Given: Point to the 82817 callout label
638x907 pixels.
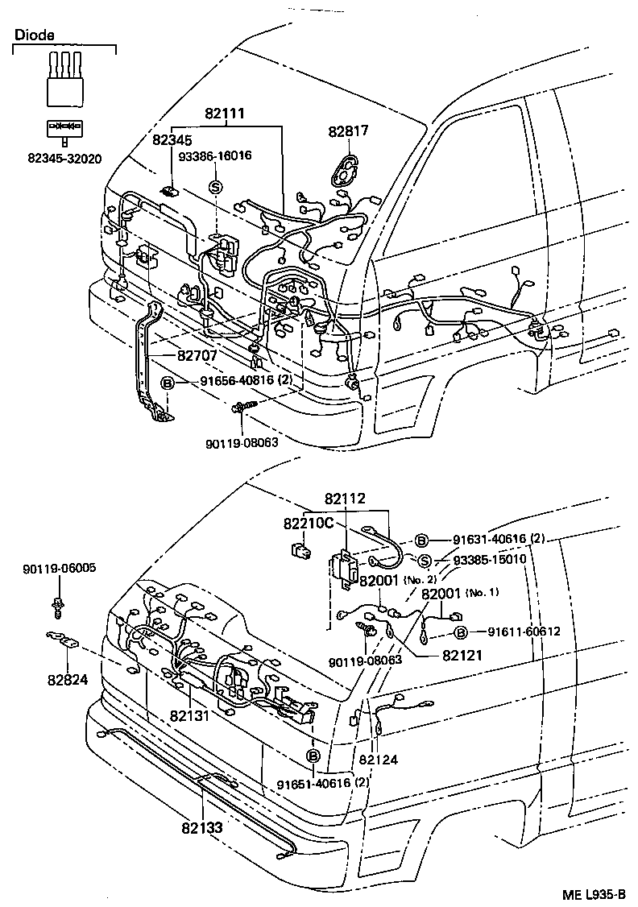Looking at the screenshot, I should pyautogui.click(x=347, y=131).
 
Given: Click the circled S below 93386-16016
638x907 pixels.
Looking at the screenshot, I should pyautogui.click(x=215, y=186).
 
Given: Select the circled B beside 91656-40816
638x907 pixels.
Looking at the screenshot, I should pyautogui.click(x=167, y=383).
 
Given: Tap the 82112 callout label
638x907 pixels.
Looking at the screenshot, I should pyautogui.click(x=346, y=499).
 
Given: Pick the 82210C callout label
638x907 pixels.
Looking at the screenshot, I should pyautogui.click(x=308, y=524).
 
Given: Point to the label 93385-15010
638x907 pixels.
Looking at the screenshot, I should pyautogui.click(x=489, y=560).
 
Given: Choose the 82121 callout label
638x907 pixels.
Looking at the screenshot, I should pyautogui.click(x=462, y=656).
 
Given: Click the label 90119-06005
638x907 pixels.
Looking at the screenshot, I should pyautogui.click(x=59, y=568).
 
